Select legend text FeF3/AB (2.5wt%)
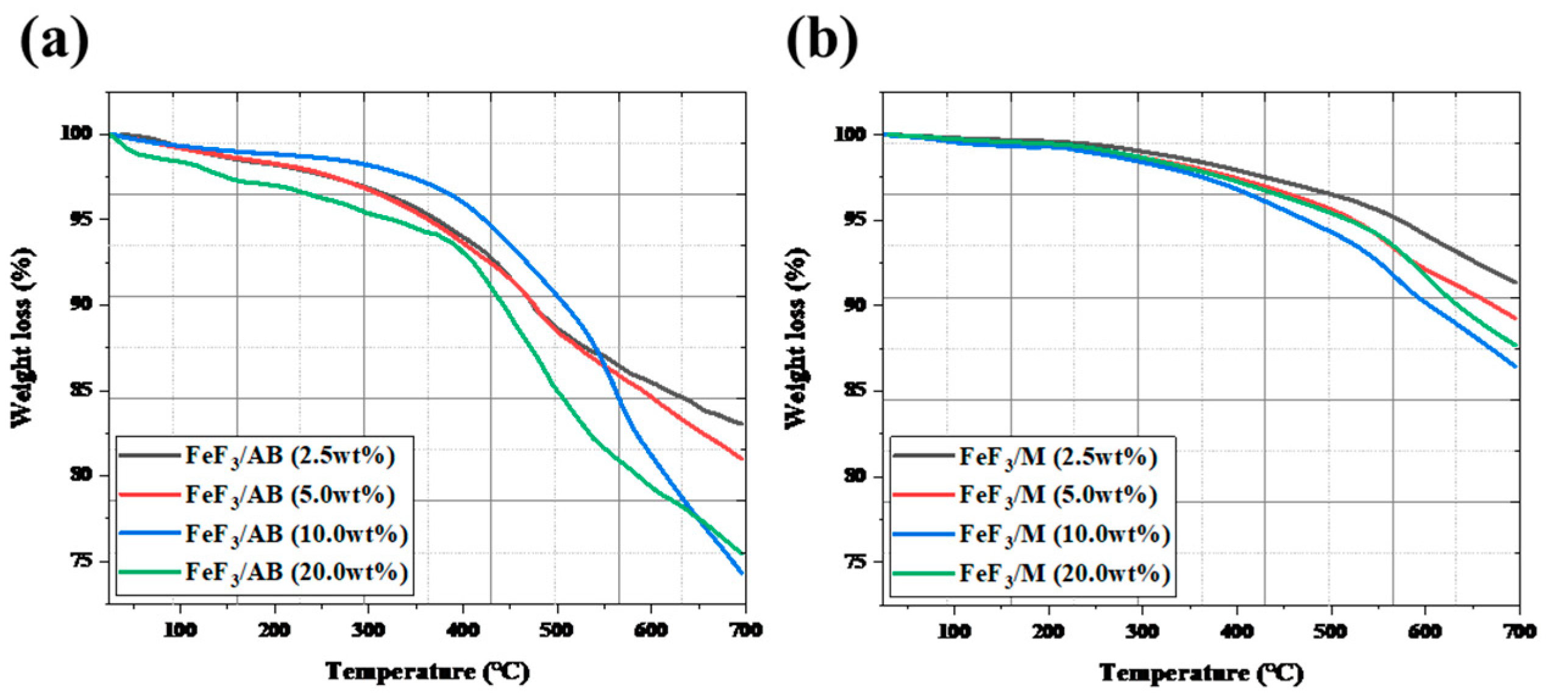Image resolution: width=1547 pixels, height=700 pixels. [x=290, y=456]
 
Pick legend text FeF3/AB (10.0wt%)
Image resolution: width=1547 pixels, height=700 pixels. [x=296, y=534]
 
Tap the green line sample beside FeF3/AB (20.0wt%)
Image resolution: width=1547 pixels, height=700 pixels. [x=149, y=572]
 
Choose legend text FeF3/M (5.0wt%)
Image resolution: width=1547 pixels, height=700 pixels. [x=1058, y=495]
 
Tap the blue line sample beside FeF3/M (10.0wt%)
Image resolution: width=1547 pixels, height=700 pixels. [x=923, y=534]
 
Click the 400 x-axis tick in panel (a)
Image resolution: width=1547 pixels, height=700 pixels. [x=463, y=630]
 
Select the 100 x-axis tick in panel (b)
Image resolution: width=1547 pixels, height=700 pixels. [x=954, y=631]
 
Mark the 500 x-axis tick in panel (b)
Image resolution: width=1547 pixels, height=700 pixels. [x=1330, y=631]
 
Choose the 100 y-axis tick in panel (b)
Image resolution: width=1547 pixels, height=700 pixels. [x=850, y=134]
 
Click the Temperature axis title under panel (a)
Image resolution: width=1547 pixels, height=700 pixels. [x=427, y=672]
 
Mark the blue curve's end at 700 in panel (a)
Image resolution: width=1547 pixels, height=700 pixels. [x=742, y=573]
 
